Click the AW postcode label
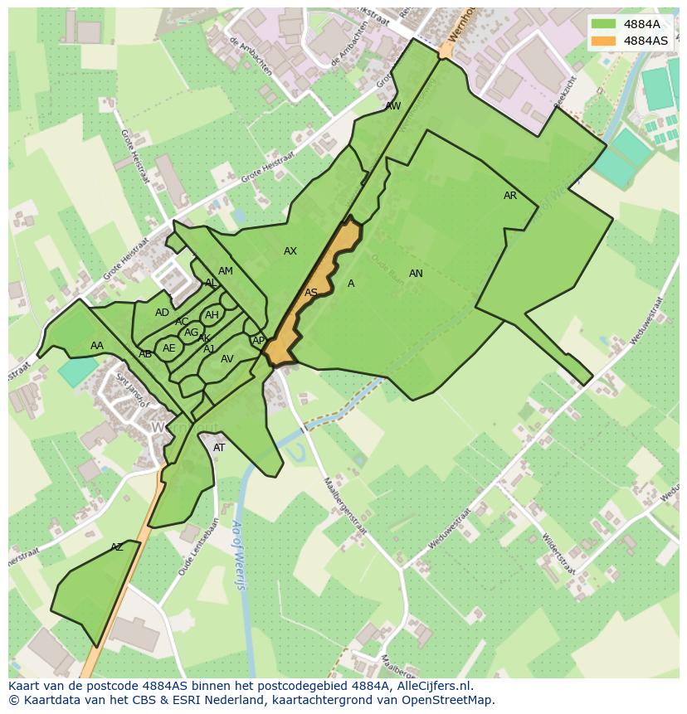click(393, 106)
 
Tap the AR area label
click(510, 196)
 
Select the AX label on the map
click(290, 251)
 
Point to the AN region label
click(416, 274)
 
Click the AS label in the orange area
click(311, 293)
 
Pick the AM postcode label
click(226, 271)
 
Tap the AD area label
click(162, 313)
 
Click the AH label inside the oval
click(212, 315)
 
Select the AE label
click(169, 348)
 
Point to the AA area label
click(97, 346)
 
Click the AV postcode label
click(227, 359)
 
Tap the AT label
click(219, 448)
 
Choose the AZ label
click(117, 547)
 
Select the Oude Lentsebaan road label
click(192, 546)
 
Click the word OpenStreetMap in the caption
click(448, 700)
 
